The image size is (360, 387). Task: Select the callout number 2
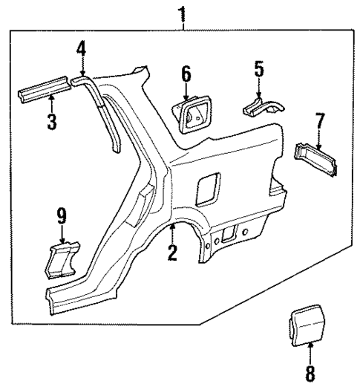[x=172, y=253]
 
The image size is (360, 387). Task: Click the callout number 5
[x=258, y=70]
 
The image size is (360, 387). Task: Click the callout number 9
[x=62, y=216]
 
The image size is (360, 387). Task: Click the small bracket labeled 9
[x=63, y=258]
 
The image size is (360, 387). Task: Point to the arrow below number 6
[x=186, y=91]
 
